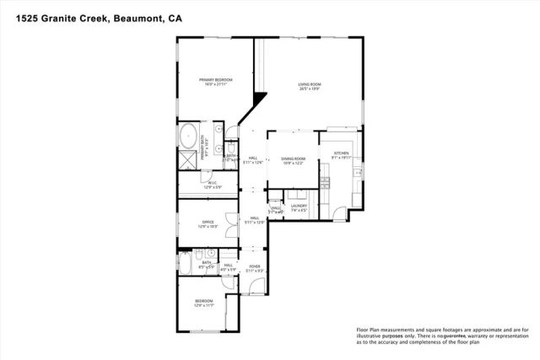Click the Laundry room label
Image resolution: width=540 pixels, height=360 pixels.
[299, 205]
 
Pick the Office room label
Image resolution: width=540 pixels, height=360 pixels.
[208, 223]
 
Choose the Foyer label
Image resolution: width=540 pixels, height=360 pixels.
[253, 267]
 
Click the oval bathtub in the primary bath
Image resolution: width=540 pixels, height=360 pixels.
[187, 136]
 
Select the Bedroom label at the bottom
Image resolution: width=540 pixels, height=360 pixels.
[204, 301]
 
